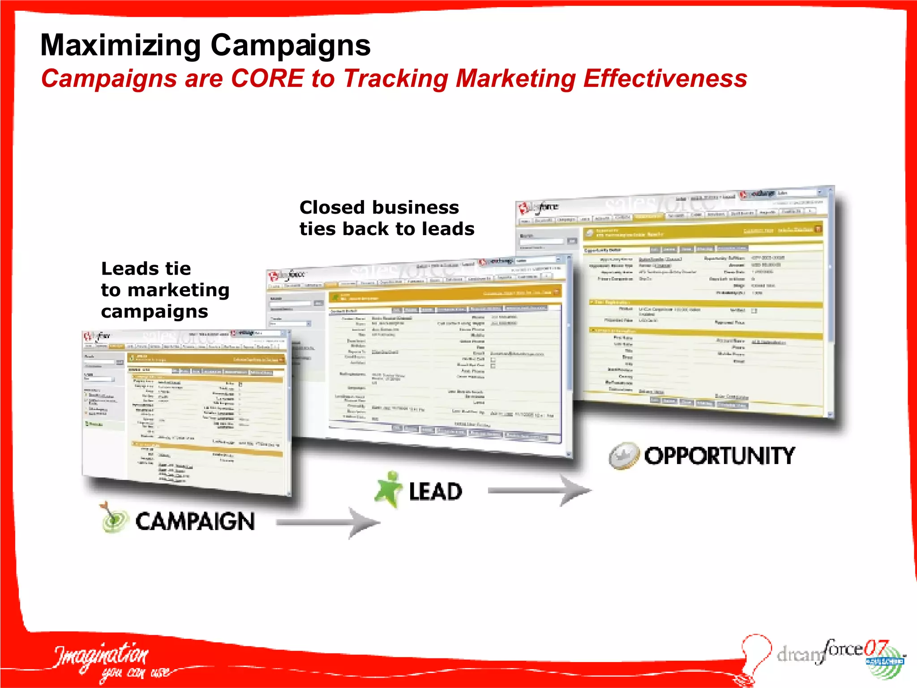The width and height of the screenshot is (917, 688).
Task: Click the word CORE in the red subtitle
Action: tap(267, 78)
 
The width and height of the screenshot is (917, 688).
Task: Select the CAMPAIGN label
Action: tap(195, 521)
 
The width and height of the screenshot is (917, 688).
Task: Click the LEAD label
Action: tap(435, 491)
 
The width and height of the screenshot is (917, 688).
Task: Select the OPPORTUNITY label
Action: tap(719, 456)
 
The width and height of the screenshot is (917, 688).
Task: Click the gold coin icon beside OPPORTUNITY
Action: tap(623, 456)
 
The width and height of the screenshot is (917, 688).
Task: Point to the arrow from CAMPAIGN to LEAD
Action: tap(329, 522)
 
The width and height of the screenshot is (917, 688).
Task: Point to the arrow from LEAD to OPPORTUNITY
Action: tap(540, 490)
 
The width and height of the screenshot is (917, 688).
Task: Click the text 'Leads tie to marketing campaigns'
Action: tap(165, 290)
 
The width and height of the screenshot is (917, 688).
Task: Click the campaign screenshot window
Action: tap(186, 412)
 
